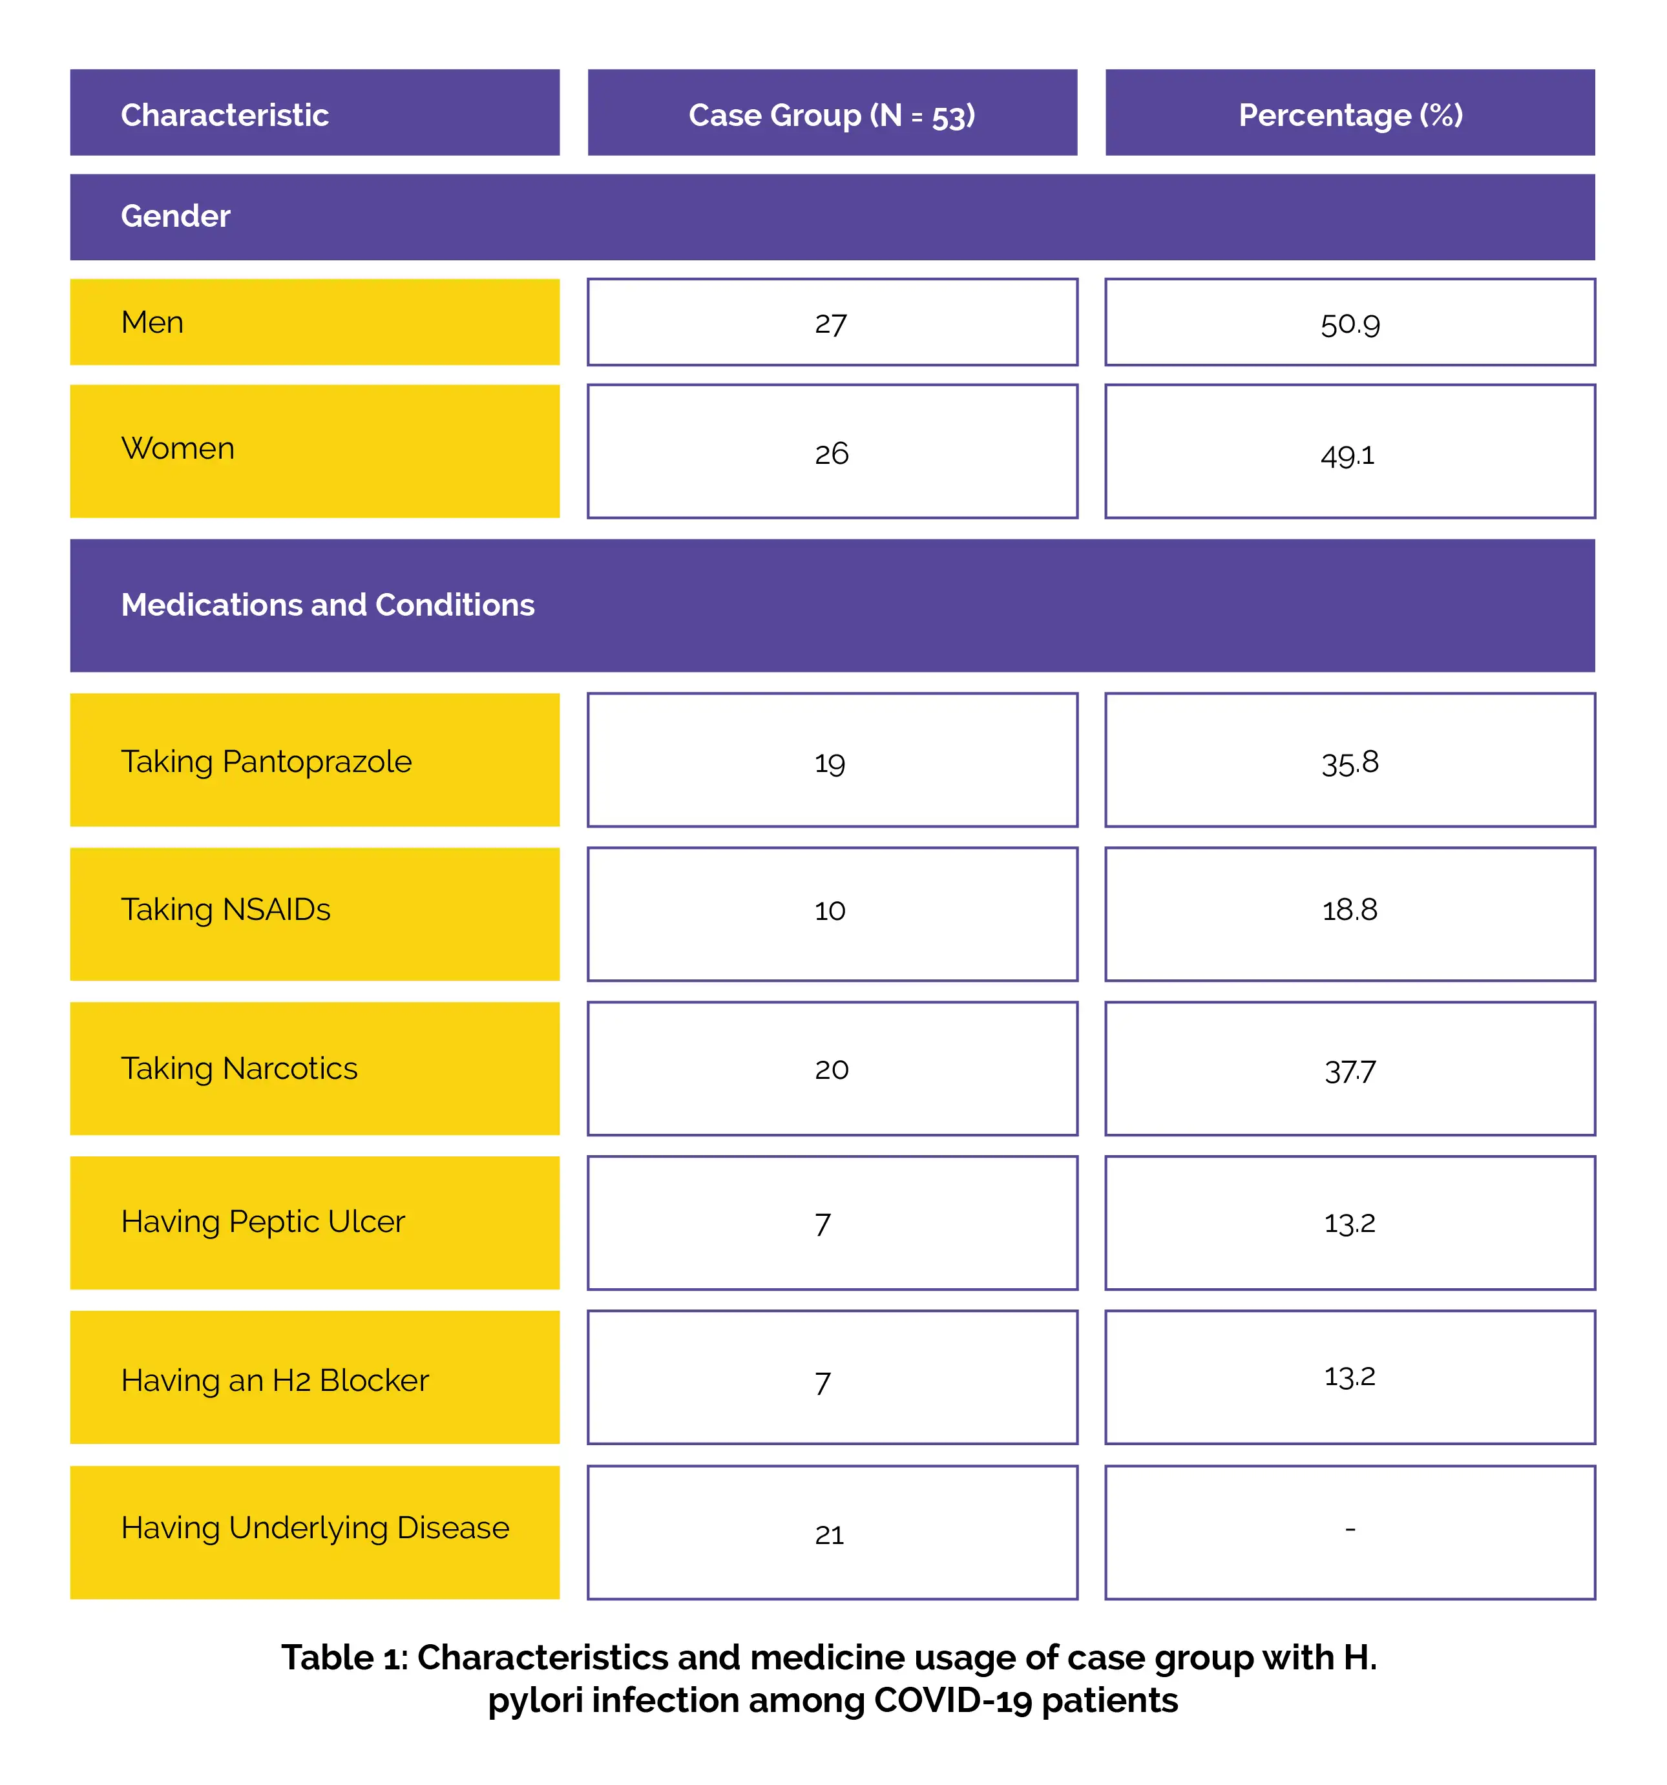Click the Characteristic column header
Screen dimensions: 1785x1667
tap(225, 115)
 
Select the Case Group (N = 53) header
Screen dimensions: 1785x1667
tap(832, 115)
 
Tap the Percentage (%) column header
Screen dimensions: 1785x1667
tap(1350, 115)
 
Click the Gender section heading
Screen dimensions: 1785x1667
tap(176, 216)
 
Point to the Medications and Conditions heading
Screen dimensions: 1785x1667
tap(328, 605)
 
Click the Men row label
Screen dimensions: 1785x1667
tap(152, 322)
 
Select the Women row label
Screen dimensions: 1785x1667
tap(178, 448)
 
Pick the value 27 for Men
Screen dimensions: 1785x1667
tap(831, 324)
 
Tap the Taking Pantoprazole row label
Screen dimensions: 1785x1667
tap(266, 762)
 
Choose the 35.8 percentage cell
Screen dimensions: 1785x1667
tap(1349, 763)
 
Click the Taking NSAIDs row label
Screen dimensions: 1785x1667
tap(225, 910)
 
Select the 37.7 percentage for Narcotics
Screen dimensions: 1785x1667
tap(1349, 1071)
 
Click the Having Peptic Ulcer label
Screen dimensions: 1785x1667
tap(263, 1222)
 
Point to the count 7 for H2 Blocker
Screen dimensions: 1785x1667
tap(823, 1382)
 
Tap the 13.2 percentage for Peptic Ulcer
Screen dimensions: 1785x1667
tap(1349, 1223)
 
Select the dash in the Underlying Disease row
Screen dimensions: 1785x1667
tap(1350, 1529)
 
